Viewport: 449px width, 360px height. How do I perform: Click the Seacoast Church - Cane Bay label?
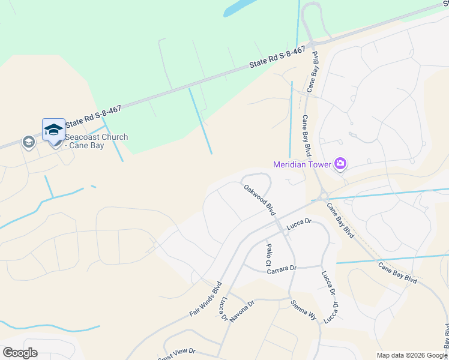click(96, 141)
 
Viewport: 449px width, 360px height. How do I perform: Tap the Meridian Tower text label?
click(303, 164)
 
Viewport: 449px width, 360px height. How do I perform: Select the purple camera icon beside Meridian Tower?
click(340, 163)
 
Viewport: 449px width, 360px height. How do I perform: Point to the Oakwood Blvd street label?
click(259, 200)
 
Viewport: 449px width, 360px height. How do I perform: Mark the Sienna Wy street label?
click(303, 312)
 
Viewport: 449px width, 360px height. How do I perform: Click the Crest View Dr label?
click(177, 353)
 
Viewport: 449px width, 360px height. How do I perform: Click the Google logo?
click(20, 353)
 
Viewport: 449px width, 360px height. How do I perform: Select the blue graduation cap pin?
click(53, 130)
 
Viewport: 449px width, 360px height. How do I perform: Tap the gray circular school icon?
click(28, 142)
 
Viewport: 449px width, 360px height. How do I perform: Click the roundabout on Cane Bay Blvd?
click(324, 195)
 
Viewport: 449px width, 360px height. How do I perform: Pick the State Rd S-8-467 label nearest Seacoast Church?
click(93, 116)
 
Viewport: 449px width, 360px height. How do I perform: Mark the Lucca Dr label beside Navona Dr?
click(224, 308)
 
